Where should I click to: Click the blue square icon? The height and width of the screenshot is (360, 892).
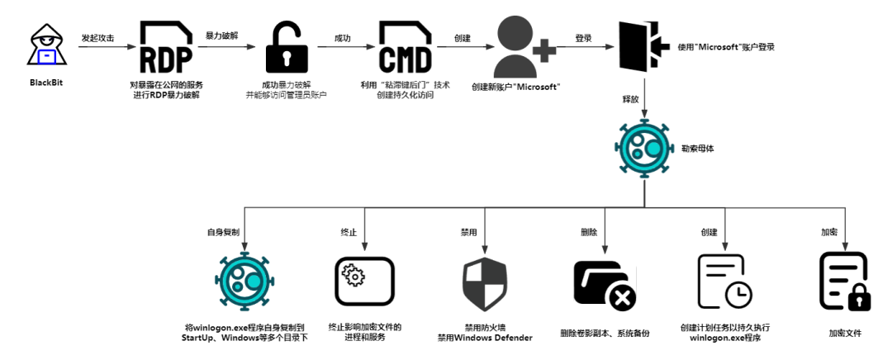tap(47, 56)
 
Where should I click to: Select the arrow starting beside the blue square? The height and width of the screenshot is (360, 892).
tap(107, 46)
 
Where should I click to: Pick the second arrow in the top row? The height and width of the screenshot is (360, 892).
tap(226, 46)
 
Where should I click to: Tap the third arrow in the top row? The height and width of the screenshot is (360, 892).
tap(345, 46)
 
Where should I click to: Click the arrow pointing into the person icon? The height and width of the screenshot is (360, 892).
tap(465, 46)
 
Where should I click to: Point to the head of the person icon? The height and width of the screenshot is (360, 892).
tap(515, 32)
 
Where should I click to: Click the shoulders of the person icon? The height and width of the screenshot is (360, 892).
tap(515, 67)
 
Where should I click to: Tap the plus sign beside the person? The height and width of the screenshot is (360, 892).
tap(543, 50)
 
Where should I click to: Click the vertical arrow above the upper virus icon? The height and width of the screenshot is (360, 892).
tap(644, 97)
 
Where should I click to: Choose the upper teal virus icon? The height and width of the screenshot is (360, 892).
tap(644, 149)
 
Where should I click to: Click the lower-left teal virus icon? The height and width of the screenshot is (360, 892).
tap(244, 281)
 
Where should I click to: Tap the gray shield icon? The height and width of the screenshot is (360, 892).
tap(485, 284)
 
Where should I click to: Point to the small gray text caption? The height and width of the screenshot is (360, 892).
tap(414, 90)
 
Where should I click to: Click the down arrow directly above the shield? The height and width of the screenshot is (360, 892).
tap(485, 230)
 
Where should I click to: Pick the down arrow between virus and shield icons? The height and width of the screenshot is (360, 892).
tap(364, 229)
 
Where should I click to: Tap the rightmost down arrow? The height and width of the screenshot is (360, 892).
tap(845, 229)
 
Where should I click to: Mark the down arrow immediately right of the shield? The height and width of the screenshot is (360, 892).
tap(605, 230)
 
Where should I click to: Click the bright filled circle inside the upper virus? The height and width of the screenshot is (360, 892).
tap(653, 149)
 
